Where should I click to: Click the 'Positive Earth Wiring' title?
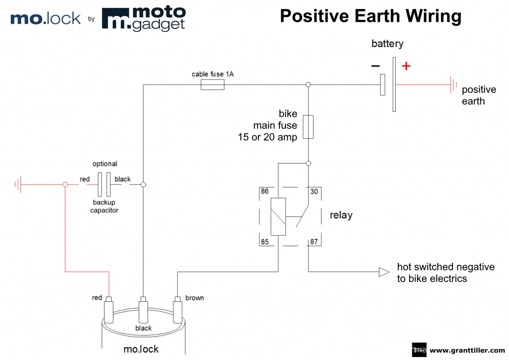click(370, 16)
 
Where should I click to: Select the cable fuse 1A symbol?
click(212, 85)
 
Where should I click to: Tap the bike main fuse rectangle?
click(308, 127)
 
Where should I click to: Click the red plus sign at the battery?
click(406, 66)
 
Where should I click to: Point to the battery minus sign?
click(375, 66)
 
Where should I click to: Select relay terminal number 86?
click(264, 191)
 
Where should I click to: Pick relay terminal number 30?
click(314, 191)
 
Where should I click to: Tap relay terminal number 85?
click(264, 242)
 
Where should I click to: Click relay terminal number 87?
click(314, 242)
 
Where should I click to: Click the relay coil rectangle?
click(278, 216)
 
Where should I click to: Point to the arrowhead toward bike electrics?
click(384, 272)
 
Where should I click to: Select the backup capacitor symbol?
click(103, 184)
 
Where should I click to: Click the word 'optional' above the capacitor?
click(105, 164)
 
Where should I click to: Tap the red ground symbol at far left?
click(18, 184)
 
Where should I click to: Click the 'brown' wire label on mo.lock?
click(194, 298)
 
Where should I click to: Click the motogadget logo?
click(144, 18)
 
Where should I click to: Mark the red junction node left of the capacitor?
click(65, 184)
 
